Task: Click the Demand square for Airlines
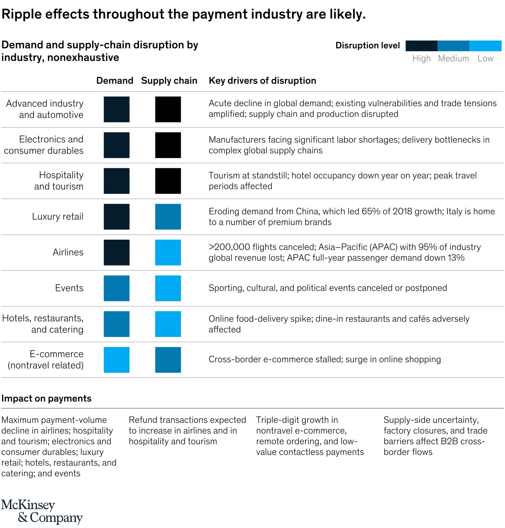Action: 116,252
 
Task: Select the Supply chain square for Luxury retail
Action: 168,216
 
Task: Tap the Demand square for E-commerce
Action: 116,360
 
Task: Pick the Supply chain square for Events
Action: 168,288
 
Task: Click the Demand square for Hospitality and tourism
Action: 116,181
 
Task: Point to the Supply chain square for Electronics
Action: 168,145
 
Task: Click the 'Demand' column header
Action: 115,81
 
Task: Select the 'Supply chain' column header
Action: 169,81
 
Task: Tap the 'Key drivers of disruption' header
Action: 262,81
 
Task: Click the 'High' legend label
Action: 421,58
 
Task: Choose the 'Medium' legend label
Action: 453,58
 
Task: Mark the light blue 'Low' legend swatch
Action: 486,46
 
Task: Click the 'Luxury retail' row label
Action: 58,216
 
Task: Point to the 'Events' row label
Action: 69,288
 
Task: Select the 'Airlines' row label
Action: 68,252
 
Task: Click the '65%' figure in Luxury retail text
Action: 371,211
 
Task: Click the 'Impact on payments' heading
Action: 47,398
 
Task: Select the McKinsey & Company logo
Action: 42,511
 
